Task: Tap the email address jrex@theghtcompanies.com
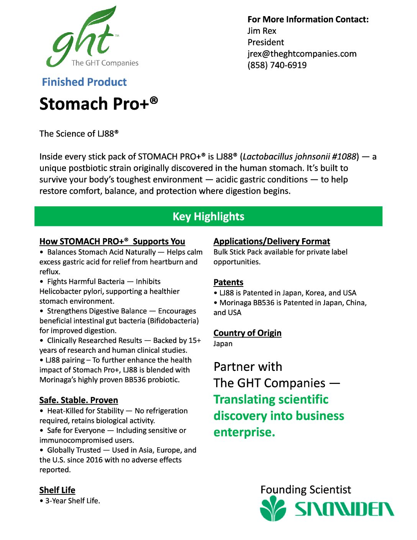(302, 54)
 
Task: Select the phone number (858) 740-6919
(277, 65)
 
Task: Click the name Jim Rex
(262, 31)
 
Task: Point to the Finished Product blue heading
(84, 82)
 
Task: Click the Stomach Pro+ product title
(99, 104)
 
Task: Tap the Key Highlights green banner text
(208, 217)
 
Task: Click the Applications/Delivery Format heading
(271, 242)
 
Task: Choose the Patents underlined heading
(228, 283)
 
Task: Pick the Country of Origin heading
(247, 333)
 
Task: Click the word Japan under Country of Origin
(223, 344)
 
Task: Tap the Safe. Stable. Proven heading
(79, 400)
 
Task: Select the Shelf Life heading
(57, 490)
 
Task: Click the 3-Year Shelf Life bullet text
(72, 501)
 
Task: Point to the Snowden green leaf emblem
(273, 509)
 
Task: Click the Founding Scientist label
(305, 490)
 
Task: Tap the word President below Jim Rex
(266, 43)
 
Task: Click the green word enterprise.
(244, 432)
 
